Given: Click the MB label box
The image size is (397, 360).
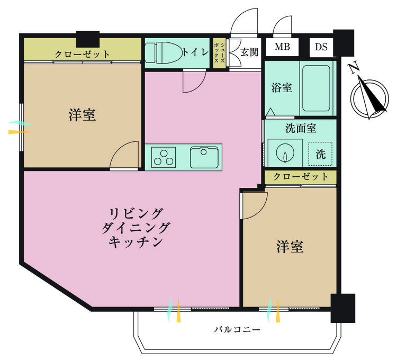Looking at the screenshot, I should coord(282,47).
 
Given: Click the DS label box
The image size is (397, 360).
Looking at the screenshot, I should coord(321,47).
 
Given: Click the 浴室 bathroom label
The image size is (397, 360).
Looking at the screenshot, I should coord(282,87).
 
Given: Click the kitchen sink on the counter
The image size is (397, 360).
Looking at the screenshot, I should coord(204,157).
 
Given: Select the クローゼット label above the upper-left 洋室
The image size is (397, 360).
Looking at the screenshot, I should coord(83,54).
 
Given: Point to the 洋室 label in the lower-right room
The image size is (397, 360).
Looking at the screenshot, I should coord(290,247).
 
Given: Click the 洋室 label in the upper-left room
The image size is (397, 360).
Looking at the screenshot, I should coord(82,115).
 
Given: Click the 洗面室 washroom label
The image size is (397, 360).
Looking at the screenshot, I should coord(300,128).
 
